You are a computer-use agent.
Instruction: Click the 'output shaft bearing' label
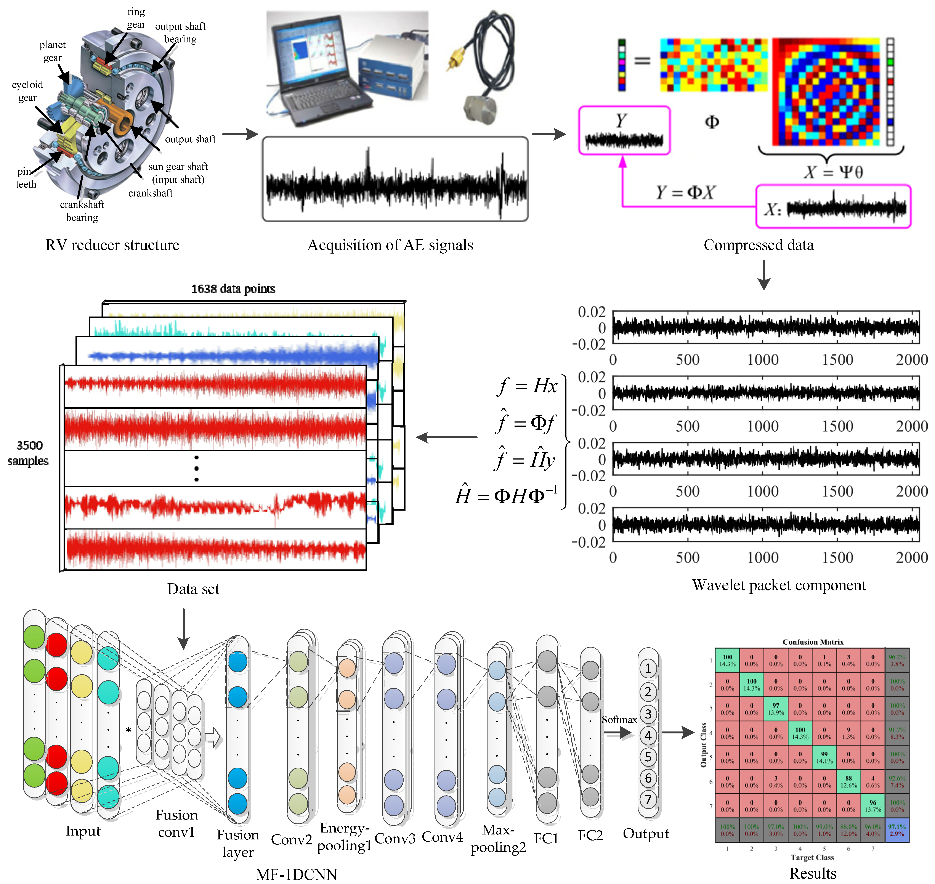pos(180,32)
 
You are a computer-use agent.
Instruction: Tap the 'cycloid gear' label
pos(27,91)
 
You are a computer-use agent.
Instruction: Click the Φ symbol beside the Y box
pos(712,122)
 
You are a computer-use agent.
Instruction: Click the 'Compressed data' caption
pos(758,245)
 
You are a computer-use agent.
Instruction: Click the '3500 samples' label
pos(28,453)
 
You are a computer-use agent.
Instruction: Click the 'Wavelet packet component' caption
pos(779,585)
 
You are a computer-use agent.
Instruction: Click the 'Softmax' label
pos(619,720)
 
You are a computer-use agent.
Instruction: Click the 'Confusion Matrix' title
pos(813,642)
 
